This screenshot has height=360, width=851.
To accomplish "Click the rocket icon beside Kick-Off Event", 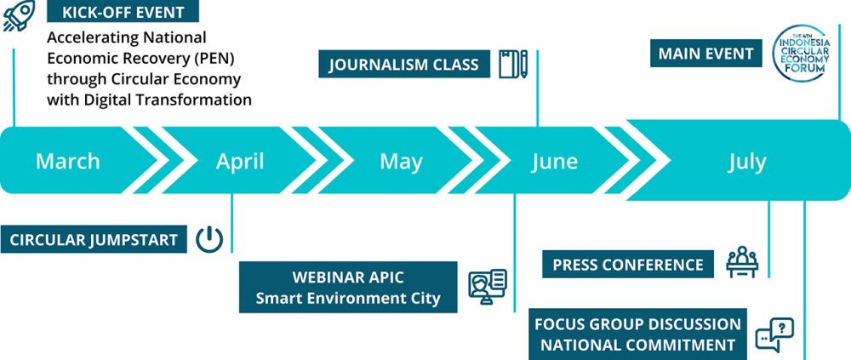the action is [19, 15].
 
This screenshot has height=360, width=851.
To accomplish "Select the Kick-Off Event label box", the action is [123, 11].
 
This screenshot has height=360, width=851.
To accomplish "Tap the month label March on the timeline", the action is [68, 161].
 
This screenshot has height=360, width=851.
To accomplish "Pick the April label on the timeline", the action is [240, 161].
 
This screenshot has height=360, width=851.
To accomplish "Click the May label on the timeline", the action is [401, 162].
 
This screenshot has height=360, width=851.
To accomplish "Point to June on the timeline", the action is [555, 161].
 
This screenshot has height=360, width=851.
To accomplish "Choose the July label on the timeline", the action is [747, 162].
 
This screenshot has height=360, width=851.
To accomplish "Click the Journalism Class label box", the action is [404, 64].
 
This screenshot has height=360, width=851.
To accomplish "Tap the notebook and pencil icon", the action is [513, 64].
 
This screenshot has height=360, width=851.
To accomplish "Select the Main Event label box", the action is [706, 54].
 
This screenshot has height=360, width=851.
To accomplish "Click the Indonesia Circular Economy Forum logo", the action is [802, 54].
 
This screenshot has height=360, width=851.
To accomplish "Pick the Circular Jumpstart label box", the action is [94, 239].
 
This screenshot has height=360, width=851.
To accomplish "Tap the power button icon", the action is [209, 239].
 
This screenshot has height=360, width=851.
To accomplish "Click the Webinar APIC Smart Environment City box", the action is [348, 288].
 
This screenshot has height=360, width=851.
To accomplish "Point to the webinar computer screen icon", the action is [488, 287].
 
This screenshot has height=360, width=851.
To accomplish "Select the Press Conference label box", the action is [628, 265].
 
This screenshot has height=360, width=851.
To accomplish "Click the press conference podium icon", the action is [742, 262].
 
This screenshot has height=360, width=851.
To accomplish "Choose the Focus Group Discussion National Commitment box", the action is [637, 334].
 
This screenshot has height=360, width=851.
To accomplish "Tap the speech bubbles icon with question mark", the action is [774, 334].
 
